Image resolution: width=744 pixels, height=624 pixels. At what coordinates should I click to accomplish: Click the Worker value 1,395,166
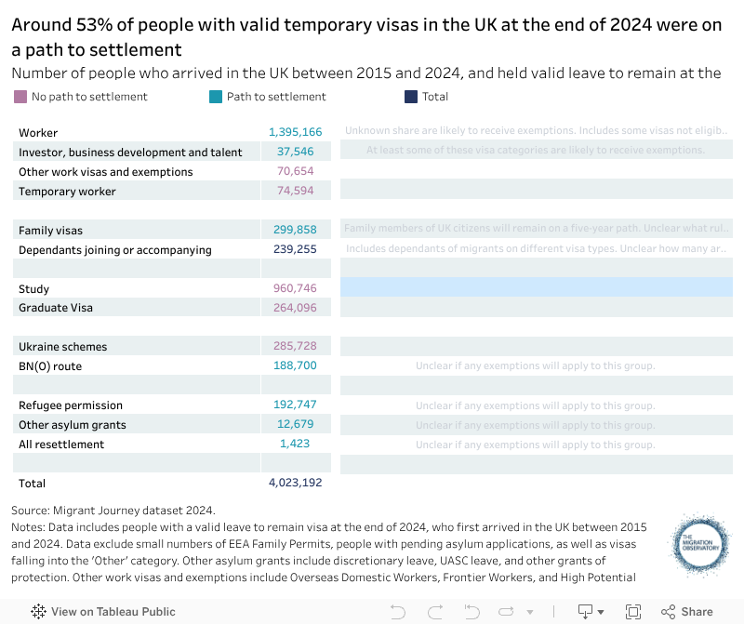point(295,133)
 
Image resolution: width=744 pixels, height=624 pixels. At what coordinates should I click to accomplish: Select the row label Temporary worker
point(67,192)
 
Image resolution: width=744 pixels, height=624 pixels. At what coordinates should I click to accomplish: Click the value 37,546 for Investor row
point(295,152)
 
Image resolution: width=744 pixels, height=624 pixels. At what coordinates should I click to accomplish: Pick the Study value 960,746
point(295,288)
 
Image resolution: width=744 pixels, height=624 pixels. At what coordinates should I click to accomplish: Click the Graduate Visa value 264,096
point(295,308)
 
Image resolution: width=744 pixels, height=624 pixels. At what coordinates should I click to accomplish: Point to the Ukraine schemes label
point(62,347)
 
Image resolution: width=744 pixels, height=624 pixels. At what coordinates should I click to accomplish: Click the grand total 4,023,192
point(295,484)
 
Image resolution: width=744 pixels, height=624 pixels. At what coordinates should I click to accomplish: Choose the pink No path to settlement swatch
point(20,97)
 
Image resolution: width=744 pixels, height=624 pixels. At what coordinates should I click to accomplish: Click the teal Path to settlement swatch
point(216,97)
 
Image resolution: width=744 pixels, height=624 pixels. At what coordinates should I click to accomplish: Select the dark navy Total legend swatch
point(411,97)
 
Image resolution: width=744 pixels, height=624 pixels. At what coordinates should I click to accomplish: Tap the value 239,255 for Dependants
point(295,249)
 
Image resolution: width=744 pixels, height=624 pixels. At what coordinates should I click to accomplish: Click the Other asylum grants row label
point(72,425)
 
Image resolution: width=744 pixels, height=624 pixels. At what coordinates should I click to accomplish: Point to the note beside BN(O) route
point(535,366)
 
